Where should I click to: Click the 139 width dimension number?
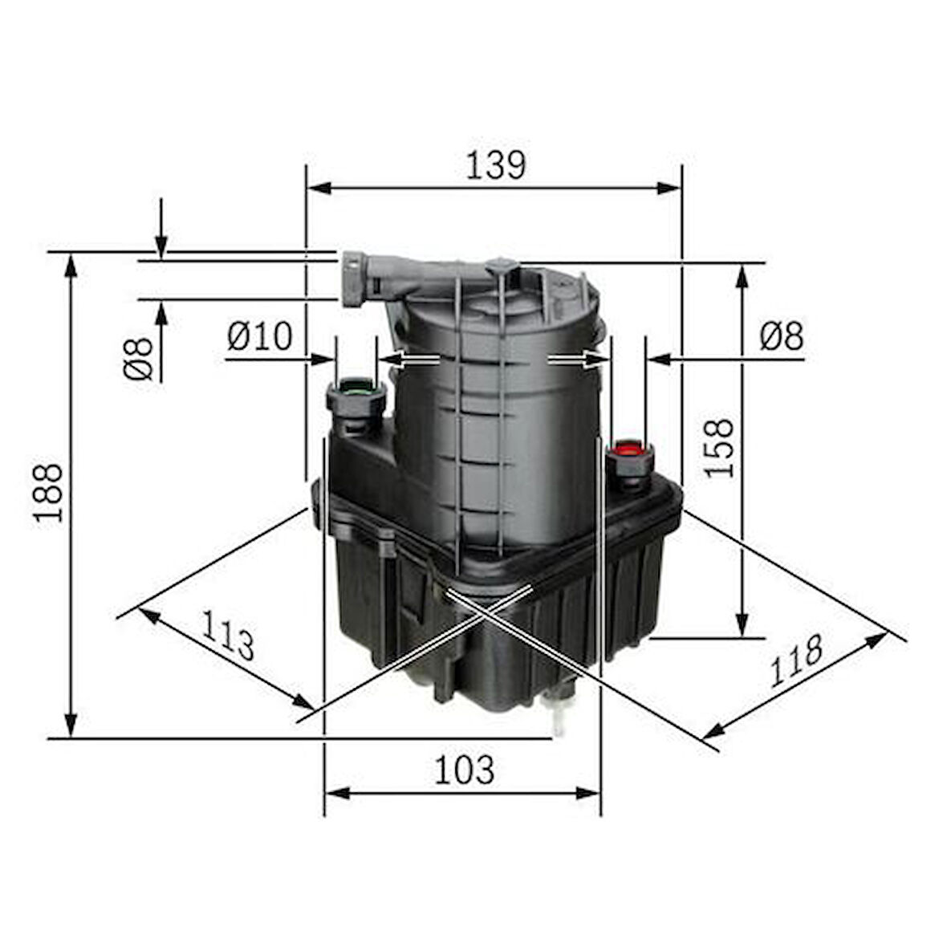(495, 165)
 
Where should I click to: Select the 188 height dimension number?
(49, 492)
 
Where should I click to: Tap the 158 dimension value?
(720, 448)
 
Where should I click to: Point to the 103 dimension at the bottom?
(464, 770)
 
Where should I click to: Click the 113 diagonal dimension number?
(227, 635)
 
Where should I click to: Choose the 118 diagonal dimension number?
(796, 660)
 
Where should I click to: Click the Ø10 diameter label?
(259, 336)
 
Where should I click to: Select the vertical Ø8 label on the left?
(138, 358)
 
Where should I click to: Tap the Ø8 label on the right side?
(782, 336)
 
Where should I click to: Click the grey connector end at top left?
(352, 278)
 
